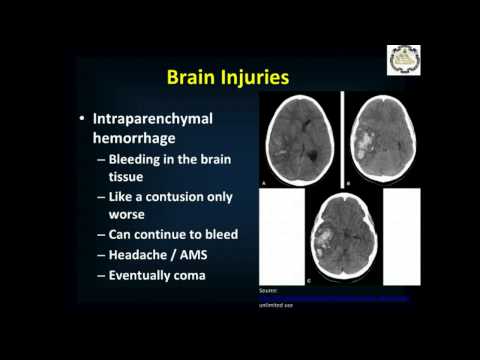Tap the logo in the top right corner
[x=403, y=59]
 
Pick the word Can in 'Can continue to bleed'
[x=123, y=234]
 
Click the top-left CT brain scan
[x=298, y=139]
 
